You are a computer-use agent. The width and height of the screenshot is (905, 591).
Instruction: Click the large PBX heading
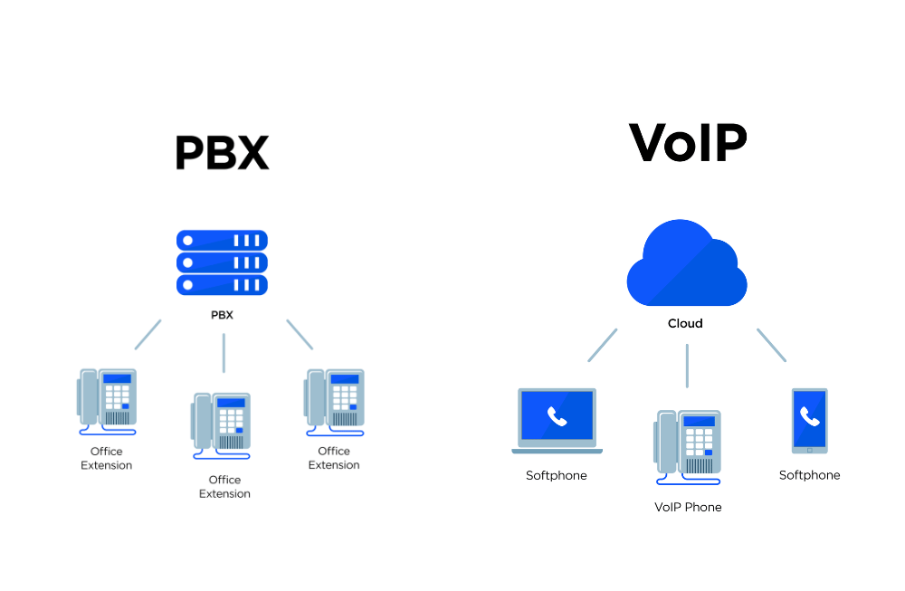(x=222, y=153)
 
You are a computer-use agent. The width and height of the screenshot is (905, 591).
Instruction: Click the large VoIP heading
(x=688, y=143)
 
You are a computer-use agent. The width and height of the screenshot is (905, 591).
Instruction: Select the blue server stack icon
(x=222, y=262)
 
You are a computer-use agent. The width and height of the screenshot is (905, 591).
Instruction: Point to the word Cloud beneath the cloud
(x=685, y=323)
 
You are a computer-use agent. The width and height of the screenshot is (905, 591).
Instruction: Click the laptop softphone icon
(x=557, y=420)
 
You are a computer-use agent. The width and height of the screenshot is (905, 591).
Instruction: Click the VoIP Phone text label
(x=688, y=507)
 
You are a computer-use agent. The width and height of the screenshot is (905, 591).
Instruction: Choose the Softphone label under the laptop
(x=556, y=475)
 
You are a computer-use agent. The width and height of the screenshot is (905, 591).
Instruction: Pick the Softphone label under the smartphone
(x=809, y=475)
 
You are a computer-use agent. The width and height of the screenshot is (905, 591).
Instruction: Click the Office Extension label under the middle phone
(x=224, y=487)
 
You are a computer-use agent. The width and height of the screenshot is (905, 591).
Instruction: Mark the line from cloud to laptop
(x=603, y=345)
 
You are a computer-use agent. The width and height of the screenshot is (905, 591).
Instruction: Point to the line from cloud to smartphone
(x=771, y=345)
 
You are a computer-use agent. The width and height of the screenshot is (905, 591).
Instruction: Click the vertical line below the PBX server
(x=224, y=353)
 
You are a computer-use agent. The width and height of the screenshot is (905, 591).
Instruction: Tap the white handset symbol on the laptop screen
(x=557, y=416)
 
